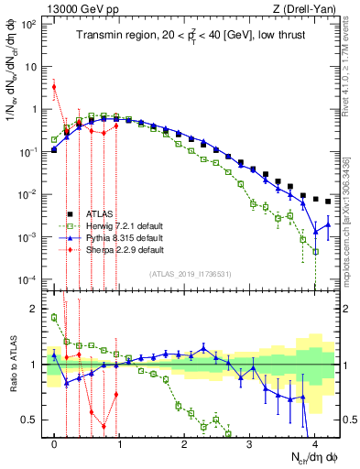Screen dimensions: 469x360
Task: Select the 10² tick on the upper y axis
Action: tap(34, 24)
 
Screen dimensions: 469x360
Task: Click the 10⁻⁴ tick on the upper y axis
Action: tap(34, 279)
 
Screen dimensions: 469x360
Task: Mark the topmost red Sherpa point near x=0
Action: tap(55, 87)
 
